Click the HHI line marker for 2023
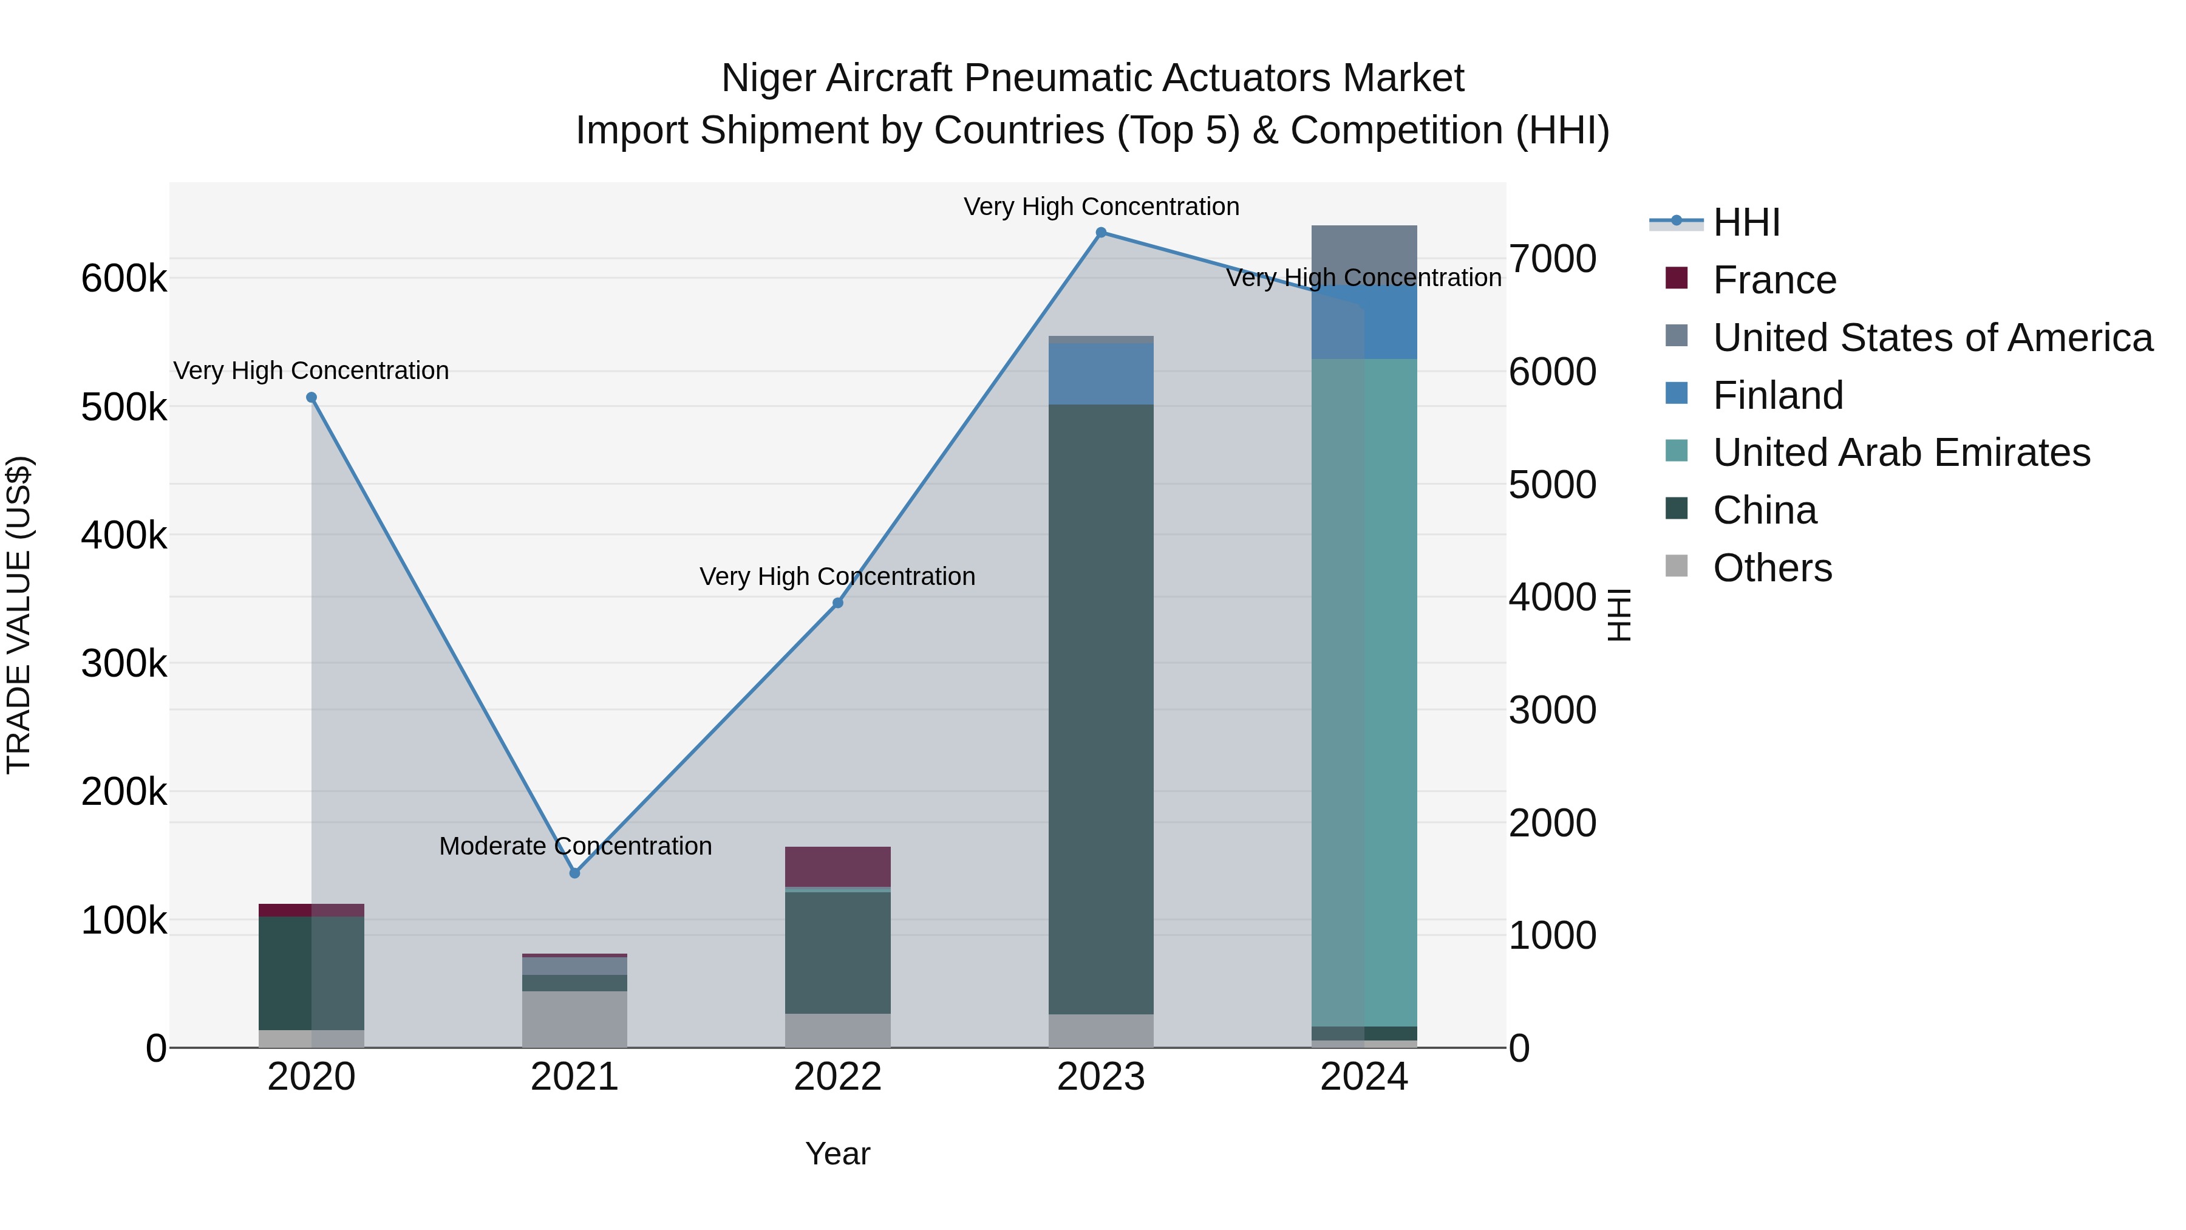tap(1101, 233)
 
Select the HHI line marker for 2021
tap(574, 873)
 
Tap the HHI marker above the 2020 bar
tap(312, 397)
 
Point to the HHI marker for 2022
tap(837, 603)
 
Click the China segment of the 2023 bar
tap(1101, 709)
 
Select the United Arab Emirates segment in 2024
tap(1364, 692)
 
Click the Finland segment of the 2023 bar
tap(1101, 374)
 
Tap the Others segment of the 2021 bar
tap(574, 1019)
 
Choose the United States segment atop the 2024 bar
tap(1364, 252)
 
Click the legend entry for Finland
tap(1778, 395)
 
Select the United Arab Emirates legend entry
tap(1901, 453)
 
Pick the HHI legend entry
tap(1746, 222)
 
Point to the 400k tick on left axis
tap(124, 536)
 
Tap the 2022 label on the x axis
tap(837, 1077)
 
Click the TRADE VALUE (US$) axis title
tap(19, 615)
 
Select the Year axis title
tap(837, 1153)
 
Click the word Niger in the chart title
tap(768, 78)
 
